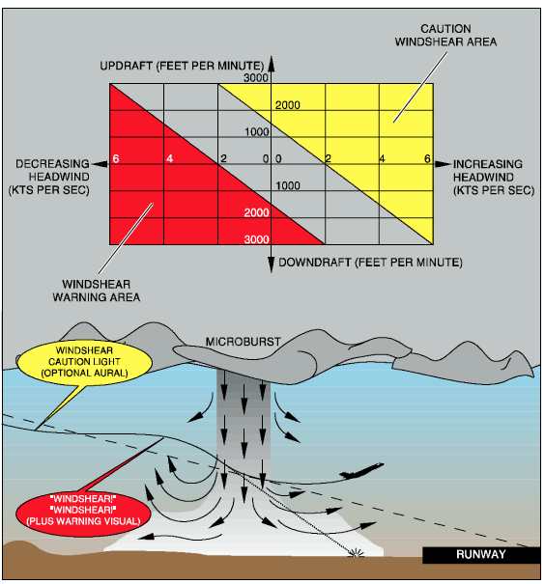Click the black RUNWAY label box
[481, 555]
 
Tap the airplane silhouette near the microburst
[360, 471]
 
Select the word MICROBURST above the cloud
[244, 342]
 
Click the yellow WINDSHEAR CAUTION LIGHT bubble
[84, 362]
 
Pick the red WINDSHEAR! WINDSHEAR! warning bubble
[83, 510]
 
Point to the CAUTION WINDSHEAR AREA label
[445, 35]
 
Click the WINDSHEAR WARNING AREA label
[97, 291]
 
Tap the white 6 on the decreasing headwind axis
[116, 158]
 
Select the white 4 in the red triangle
[170, 158]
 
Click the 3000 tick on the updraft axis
[256, 78]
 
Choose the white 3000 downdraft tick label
[256, 239]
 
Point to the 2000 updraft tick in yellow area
[288, 105]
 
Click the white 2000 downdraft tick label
[256, 212]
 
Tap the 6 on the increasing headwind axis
[427, 158]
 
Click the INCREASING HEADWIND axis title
[494, 177]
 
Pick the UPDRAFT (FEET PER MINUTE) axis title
[182, 66]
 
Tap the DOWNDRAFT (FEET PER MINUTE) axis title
[370, 263]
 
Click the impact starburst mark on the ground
[357, 553]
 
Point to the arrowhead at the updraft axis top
[271, 63]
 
